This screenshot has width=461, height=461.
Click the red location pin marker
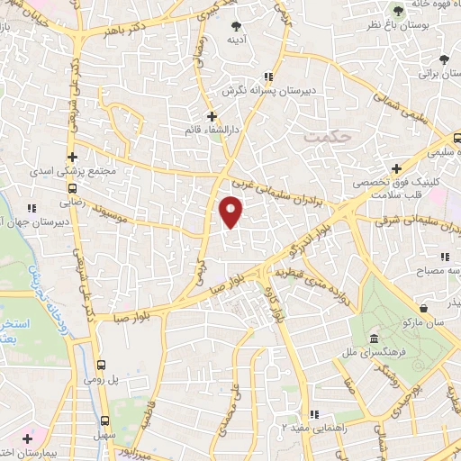click(231, 212)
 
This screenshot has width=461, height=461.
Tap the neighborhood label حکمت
click(325, 138)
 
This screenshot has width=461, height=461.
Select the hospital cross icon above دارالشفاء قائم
click(212, 116)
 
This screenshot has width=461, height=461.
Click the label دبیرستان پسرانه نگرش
click(260, 93)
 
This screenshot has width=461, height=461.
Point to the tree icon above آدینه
click(237, 25)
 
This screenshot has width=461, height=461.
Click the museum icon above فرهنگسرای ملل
click(374, 338)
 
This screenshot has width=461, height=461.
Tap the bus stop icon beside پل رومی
click(101, 366)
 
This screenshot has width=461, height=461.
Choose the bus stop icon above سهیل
click(105, 420)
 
